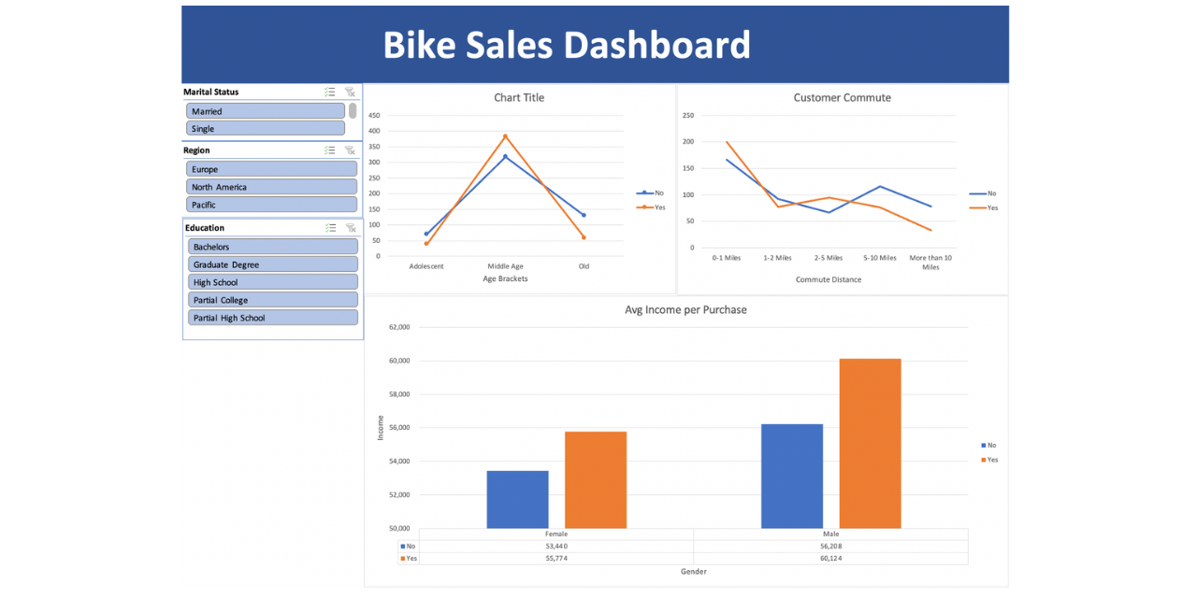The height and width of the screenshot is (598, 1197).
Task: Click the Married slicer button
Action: point(266,111)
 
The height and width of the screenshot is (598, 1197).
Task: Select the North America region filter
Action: point(272,187)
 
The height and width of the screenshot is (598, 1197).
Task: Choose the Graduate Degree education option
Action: point(273,264)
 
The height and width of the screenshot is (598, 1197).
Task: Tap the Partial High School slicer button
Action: point(273,318)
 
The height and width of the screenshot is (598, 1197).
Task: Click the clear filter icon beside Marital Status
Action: point(350,93)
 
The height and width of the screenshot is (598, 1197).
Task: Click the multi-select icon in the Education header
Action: point(330,228)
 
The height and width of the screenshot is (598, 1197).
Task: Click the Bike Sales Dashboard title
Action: point(567,45)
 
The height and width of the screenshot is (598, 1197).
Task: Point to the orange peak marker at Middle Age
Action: point(505,136)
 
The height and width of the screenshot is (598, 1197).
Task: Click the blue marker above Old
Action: point(584,215)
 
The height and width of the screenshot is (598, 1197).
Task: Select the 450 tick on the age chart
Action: point(374,116)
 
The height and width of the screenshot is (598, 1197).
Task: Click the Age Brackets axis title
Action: point(505,278)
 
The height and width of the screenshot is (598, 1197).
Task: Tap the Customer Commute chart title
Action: point(842,97)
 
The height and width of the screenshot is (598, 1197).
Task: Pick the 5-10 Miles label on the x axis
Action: point(879,258)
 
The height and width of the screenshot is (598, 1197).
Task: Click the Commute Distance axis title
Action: point(829,279)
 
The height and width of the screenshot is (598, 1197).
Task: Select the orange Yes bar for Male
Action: point(870,444)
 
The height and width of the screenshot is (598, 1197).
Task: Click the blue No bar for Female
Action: point(517,500)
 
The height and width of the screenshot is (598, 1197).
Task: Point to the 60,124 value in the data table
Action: point(830,558)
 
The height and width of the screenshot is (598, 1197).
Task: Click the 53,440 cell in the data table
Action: point(556,546)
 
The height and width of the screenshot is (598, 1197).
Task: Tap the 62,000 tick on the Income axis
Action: point(399,327)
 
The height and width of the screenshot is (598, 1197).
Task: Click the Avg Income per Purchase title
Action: point(685,309)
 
